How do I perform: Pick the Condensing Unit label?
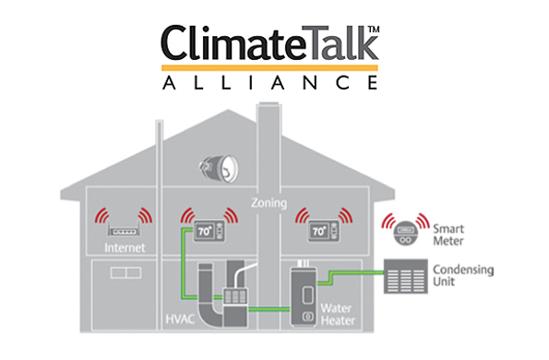pos(462,275)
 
